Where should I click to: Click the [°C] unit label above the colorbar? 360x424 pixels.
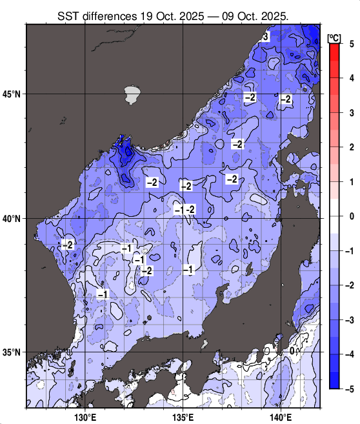334,36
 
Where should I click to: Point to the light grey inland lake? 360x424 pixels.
133,95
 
